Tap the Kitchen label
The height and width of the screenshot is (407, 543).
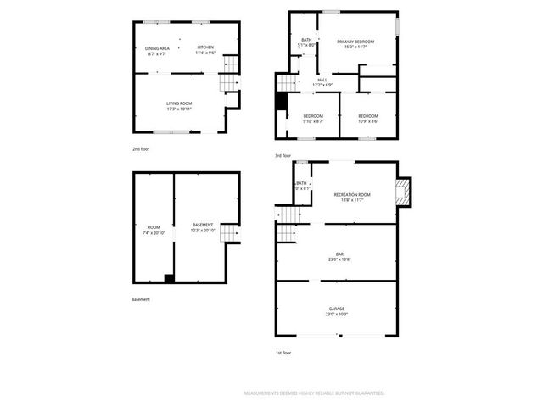point(205,49)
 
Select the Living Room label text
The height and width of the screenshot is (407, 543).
point(178,105)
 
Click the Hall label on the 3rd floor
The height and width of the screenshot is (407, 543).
point(322,82)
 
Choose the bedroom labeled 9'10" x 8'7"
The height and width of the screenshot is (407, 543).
point(313,118)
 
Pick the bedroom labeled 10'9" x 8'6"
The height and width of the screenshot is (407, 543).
point(367,118)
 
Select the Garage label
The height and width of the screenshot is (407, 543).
point(337,310)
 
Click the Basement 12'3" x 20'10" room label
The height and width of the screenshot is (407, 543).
point(202,227)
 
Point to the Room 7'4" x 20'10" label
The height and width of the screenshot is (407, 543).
point(154,229)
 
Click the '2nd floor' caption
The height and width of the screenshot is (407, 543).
point(141,148)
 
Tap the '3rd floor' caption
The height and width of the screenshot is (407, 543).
point(283,156)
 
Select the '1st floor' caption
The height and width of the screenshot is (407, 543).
point(283,352)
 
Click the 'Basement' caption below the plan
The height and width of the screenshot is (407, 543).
point(141,298)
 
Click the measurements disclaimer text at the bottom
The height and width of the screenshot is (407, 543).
point(314,393)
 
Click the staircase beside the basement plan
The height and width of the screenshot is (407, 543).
point(230,231)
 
